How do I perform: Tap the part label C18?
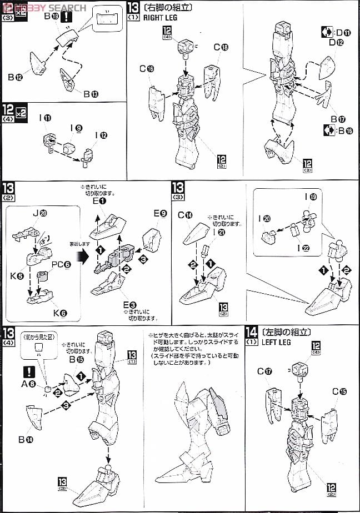pyautogui.click(x=221, y=47)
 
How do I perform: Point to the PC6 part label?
pyautogui.click(x=61, y=264)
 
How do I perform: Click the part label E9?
pyautogui.click(x=160, y=214)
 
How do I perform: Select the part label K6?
pyautogui.click(x=59, y=313)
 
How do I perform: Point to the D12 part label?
pyautogui.click(x=336, y=42)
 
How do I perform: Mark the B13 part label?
pyautogui.click(x=91, y=94)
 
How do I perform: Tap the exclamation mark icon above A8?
pyautogui.click(x=28, y=370)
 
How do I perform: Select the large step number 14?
pyautogui.click(x=251, y=333)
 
